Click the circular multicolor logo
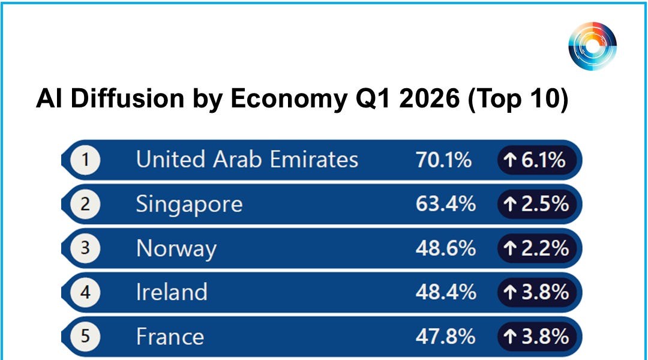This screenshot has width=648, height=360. [593, 46]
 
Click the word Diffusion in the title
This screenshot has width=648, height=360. [127, 98]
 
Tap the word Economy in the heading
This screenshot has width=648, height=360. [289, 99]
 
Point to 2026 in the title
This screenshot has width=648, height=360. [430, 98]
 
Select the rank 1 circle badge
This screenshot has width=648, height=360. [85, 160]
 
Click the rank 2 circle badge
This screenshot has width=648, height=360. [85, 204]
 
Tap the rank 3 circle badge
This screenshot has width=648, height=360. [85, 248]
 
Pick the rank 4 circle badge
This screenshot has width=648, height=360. [85, 292]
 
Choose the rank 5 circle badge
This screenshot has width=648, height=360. [85, 337]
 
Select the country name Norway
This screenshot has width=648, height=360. [176, 249]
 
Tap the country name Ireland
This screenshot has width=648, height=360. [172, 292]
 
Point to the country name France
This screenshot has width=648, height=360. [170, 337]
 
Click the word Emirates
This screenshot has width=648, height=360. [314, 160]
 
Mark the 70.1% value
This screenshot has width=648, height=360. [444, 160]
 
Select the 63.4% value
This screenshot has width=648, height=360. [446, 204]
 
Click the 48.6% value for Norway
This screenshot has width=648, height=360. [446, 248]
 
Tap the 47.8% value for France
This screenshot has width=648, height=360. [446, 337]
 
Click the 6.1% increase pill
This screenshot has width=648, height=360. [537, 160]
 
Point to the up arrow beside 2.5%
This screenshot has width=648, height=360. [511, 204]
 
